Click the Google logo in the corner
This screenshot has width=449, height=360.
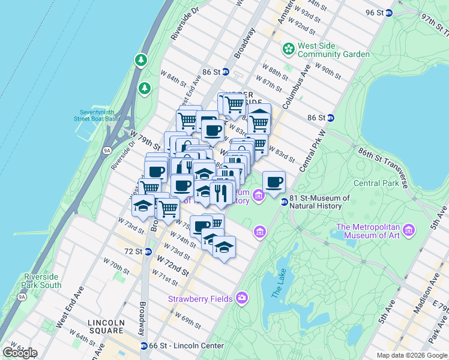coord(20,352)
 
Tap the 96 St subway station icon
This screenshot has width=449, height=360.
coord(388,13)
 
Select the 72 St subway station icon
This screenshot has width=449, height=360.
coord(146,251)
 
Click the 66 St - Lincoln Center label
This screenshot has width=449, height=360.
coord(186,346)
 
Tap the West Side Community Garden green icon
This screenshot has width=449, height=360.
coord(289,48)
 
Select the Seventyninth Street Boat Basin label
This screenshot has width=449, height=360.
coord(102,115)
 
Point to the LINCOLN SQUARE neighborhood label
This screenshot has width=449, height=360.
coord(106,326)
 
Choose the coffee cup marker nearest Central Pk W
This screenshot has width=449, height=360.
coord(274,182)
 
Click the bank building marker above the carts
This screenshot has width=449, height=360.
coord(259,113)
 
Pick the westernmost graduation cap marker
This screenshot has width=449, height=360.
coord(143,205)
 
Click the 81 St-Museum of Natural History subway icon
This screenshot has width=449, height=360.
coord(284,202)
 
